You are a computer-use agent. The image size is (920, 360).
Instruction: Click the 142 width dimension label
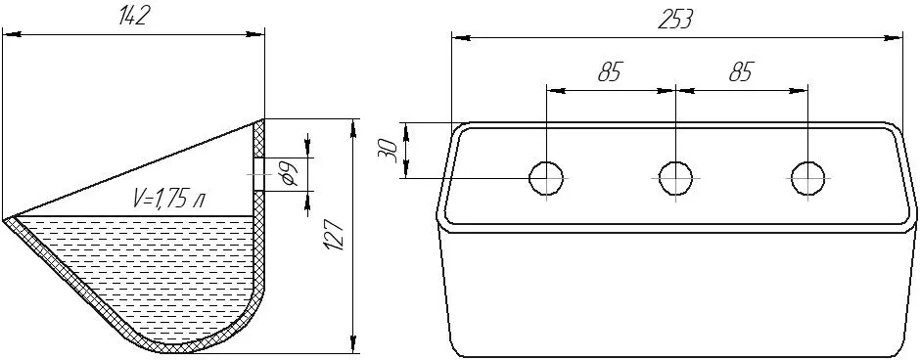click(x=131, y=17)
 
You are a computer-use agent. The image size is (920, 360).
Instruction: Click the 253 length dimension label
click(x=674, y=20)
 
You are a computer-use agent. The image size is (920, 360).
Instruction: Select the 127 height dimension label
click(x=334, y=236)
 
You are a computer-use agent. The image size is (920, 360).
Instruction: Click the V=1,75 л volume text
click(x=168, y=200)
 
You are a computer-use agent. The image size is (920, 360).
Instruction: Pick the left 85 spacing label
click(x=610, y=72)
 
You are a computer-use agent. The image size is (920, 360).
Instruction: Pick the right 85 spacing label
click(x=741, y=72)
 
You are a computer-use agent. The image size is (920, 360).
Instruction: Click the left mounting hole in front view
click(x=546, y=178)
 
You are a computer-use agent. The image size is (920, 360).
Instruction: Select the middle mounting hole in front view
click(x=676, y=178)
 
